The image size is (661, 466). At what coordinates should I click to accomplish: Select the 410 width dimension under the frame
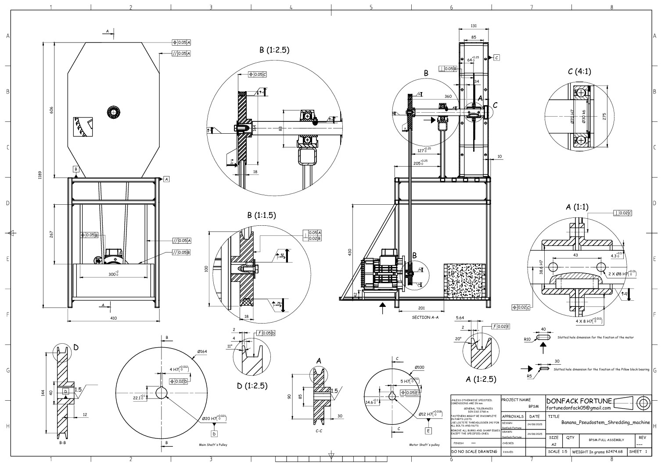coord(114,318)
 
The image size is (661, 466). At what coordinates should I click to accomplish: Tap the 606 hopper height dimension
coord(51,110)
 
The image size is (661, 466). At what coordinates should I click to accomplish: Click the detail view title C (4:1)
coord(579,71)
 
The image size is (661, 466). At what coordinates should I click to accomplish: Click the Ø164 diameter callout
coord(202,352)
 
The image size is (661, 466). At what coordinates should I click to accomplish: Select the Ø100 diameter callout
coord(419,367)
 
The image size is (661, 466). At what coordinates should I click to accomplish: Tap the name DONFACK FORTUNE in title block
coord(579,401)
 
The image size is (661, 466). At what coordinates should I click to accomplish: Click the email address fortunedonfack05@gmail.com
coord(578,408)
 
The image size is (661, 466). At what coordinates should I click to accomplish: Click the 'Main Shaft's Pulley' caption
coord(213,445)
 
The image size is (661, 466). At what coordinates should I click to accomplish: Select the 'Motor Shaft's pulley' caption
coord(424,445)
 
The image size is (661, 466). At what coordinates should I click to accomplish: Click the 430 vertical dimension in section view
coord(350,252)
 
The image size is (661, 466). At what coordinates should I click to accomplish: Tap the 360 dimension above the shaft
coord(448,96)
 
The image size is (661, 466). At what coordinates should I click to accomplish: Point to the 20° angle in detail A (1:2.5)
coord(458,339)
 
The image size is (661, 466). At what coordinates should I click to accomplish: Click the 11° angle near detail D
coord(229,346)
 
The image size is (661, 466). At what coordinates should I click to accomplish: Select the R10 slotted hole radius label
coord(527,339)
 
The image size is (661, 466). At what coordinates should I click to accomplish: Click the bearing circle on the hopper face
coord(113,112)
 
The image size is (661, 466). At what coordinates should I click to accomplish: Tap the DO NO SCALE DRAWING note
coord(474,451)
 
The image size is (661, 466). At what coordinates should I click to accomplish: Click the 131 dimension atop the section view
coord(474,26)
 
